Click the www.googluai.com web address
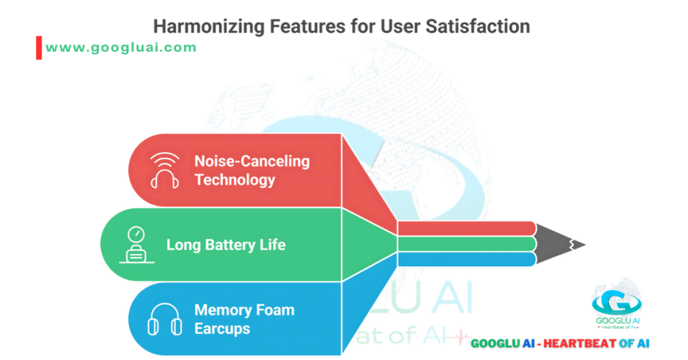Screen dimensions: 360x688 click(122, 48)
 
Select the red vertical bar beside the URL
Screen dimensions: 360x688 click(39, 48)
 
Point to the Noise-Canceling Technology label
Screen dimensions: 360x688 click(251, 171)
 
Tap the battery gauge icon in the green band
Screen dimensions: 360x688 click(136, 244)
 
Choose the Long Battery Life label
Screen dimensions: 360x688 click(226, 244)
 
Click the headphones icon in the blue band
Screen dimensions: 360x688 click(165, 319)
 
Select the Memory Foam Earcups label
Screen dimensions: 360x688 click(244, 319)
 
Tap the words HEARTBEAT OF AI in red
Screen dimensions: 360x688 click(596, 343)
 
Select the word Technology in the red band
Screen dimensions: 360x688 click(234, 180)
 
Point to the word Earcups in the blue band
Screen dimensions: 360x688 click(222, 328)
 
